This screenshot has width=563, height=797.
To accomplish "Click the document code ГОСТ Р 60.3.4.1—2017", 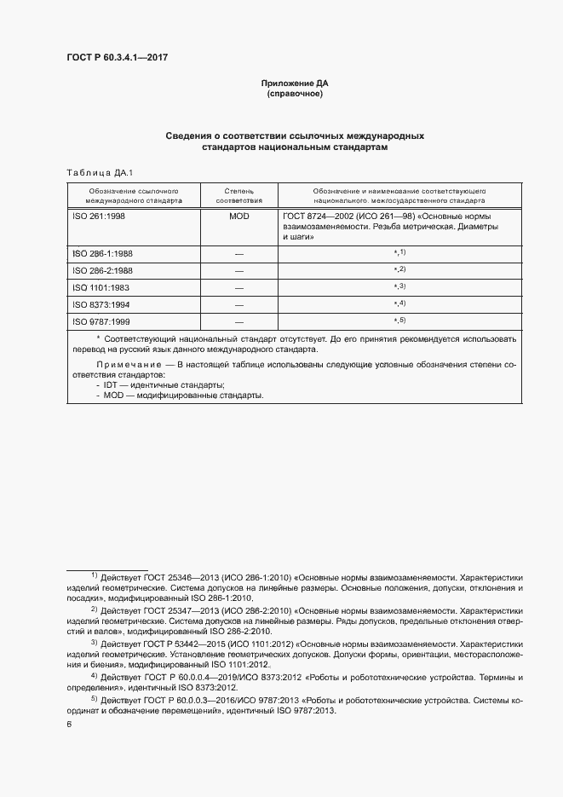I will (118, 58).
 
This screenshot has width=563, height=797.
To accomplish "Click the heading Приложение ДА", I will (295, 84).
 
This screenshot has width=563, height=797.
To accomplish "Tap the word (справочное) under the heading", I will (295, 94).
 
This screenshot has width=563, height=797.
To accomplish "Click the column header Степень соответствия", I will (239, 197).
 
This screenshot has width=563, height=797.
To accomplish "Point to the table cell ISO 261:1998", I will (99, 217).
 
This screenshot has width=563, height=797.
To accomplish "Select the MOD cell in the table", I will (239, 217).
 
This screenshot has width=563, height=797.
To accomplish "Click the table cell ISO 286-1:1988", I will (102, 254).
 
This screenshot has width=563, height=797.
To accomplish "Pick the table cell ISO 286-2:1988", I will (102, 271).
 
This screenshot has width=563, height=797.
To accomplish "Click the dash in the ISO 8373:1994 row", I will (239, 304).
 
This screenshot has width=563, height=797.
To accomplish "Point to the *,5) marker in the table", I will (399, 321).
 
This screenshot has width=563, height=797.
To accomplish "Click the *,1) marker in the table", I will (399, 253).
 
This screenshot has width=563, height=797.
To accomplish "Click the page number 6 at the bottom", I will (70, 724).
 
